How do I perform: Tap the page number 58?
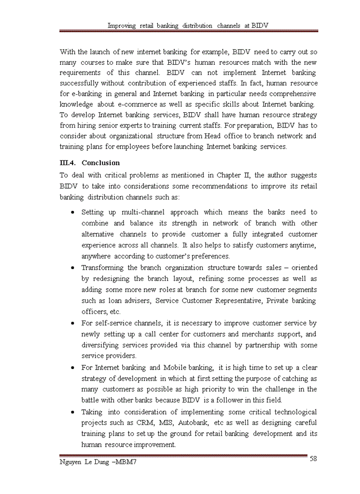313,459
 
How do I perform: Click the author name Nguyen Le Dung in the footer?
84,462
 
